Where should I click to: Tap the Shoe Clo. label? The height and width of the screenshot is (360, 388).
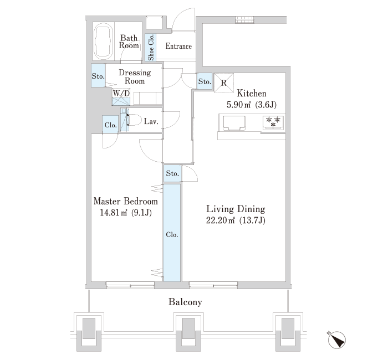(151, 47)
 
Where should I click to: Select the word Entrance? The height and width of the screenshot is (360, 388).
(178, 46)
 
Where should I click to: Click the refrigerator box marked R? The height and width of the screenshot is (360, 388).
(224, 83)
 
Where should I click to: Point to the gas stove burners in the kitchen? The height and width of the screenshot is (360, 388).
(274, 122)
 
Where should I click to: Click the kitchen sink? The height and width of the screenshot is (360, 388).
(234, 123)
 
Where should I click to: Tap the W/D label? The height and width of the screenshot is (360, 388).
(121, 93)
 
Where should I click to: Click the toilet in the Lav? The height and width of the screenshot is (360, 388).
(134, 120)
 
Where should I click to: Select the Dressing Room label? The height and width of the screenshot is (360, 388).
(135, 76)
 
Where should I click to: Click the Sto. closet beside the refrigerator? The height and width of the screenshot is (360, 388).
(205, 81)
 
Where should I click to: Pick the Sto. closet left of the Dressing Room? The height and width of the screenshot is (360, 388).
(98, 75)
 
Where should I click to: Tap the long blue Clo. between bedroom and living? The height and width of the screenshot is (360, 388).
(172, 233)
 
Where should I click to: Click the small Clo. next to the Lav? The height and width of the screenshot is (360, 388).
(110, 125)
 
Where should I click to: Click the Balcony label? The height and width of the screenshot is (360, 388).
(185, 302)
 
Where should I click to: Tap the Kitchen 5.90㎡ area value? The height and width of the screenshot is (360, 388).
(238, 105)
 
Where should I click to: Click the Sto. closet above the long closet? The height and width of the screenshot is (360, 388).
(172, 173)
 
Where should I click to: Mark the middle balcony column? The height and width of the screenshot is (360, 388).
(188, 332)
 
